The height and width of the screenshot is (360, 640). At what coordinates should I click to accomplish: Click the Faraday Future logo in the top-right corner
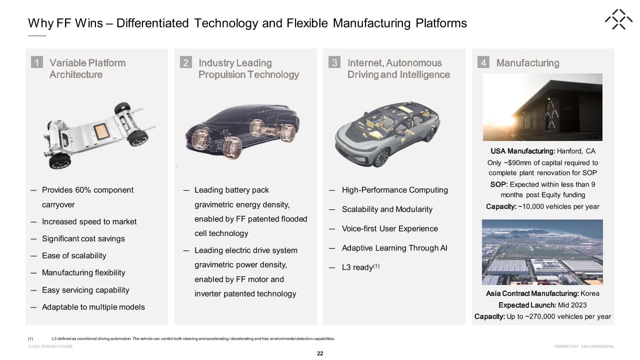click(618, 19)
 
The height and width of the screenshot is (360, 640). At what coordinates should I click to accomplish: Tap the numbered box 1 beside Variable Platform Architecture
click(37, 62)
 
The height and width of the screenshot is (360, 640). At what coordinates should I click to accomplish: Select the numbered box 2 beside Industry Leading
click(185, 62)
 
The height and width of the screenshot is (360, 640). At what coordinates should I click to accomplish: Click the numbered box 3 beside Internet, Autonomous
click(334, 62)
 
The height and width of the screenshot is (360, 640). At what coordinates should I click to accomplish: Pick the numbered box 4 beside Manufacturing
click(483, 62)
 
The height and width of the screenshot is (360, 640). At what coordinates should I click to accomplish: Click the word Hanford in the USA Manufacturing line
click(569, 151)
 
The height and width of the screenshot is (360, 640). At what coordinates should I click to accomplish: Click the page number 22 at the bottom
click(320, 353)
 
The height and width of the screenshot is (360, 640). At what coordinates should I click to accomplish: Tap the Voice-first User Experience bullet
click(389, 228)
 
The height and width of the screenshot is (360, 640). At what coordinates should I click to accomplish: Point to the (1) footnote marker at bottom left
click(30, 338)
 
